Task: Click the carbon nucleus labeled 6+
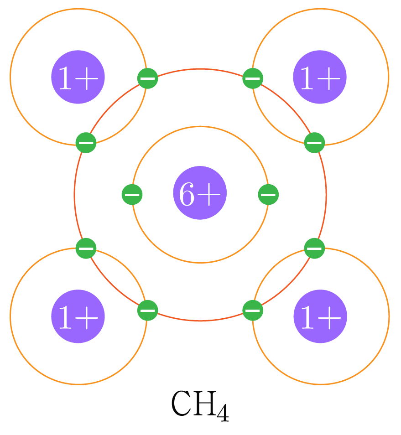coord(200,193)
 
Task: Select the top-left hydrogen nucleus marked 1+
coord(78,77)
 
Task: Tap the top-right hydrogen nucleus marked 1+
coord(320,77)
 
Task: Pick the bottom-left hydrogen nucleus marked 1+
coord(78,316)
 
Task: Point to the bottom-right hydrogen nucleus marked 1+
coord(320,316)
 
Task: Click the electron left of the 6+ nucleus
coord(132,195)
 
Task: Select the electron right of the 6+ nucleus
coord(268,195)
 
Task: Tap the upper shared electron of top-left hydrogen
coord(147,78)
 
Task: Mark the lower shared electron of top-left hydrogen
coord(86,143)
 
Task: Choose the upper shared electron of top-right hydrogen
coord(252,78)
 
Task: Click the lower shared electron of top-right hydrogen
coord(314,143)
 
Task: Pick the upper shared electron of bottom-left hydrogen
coord(86,249)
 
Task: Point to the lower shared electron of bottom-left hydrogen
coord(147,311)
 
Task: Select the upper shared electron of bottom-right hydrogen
coord(314,249)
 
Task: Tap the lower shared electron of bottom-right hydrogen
coord(252,311)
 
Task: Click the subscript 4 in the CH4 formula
coord(223,412)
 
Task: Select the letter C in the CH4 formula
coord(181,404)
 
